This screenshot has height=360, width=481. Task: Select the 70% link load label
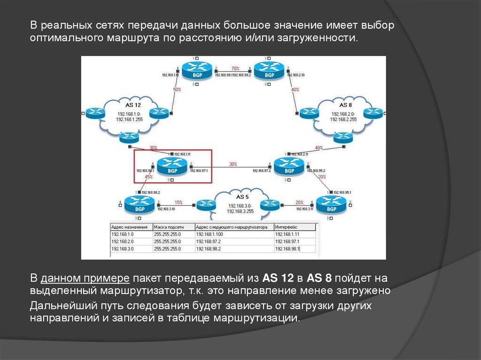pos(235,69)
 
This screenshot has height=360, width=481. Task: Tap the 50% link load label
pos(177,89)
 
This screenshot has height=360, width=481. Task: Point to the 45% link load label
pos(149,177)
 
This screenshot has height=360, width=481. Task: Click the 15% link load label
pos(178,202)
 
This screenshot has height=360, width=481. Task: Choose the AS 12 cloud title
pos(133,105)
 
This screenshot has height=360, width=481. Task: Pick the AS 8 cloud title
pos(345,105)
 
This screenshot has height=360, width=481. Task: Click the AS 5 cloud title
pos(242,197)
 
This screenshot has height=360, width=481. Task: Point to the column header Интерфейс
pos(286,227)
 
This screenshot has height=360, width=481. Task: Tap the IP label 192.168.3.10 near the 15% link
pos(166,208)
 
